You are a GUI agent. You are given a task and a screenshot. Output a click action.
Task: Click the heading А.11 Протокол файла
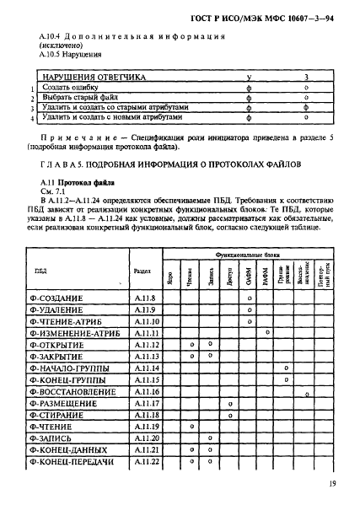pos(72,183)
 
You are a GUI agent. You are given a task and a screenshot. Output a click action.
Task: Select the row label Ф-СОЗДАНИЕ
pos(63,298)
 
